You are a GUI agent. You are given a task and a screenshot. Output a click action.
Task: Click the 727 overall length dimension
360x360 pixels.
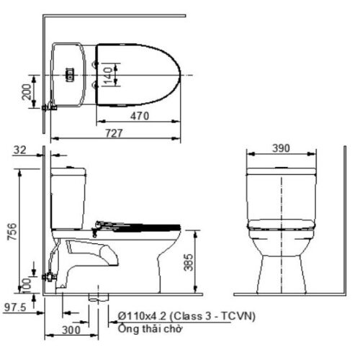point(114,133)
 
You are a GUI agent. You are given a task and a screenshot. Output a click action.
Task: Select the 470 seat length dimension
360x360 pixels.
point(140,116)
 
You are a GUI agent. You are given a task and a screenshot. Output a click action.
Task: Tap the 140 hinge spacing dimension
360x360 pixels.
point(109,75)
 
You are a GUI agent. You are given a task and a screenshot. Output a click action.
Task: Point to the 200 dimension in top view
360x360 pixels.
point(27,91)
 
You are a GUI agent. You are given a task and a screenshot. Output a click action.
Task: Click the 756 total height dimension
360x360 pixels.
point(12,231)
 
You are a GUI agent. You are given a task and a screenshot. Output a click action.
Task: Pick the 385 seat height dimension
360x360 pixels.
point(189,262)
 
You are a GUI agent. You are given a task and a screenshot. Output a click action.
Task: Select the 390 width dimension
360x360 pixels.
point(281,148)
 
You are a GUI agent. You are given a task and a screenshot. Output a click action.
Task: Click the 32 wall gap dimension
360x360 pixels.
point(19,150)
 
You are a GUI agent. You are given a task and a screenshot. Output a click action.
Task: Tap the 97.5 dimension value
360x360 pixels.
point(15,307)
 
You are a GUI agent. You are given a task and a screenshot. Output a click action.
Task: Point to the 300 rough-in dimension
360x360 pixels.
point(71,330)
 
